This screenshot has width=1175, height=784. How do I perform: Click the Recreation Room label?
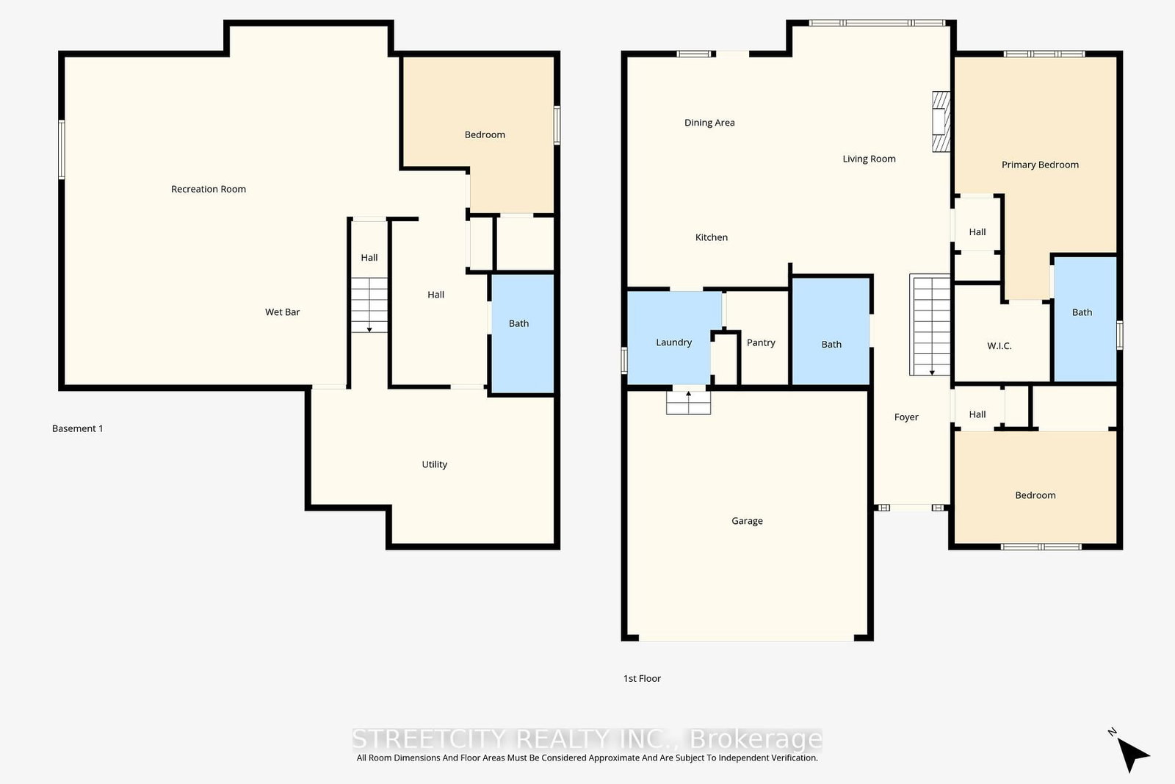(x=209, y=189)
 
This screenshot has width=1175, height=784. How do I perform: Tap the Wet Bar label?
(x=282, y=312)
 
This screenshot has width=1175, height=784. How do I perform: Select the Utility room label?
(x=434, y=464)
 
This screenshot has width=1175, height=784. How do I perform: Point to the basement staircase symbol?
(x=369, y=305)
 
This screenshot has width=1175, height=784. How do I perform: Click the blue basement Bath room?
(x=522, y=334)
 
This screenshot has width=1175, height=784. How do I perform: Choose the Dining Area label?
(x=709, y=123)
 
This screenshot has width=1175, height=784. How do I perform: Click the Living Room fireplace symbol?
(x=941, y=122)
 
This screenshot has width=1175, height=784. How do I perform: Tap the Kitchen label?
(x=712, y=237)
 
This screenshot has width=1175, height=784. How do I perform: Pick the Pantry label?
(x=761, y=342)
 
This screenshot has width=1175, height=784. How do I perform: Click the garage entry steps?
(x=688, y=403)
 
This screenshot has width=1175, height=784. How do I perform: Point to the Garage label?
(x=747, y=520)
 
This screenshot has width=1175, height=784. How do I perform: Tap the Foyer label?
(x=906, y=417)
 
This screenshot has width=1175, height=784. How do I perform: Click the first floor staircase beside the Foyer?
(x=930, y=325)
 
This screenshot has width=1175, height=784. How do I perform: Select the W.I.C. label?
(x=999, y=346)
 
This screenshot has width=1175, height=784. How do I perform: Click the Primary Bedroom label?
(x=1040, y=165)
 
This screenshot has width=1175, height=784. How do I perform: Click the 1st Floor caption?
(x=642, y=678)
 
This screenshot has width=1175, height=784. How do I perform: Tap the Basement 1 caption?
(x=77, y=428)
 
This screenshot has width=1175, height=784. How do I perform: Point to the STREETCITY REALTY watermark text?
(x=587, y=739)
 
